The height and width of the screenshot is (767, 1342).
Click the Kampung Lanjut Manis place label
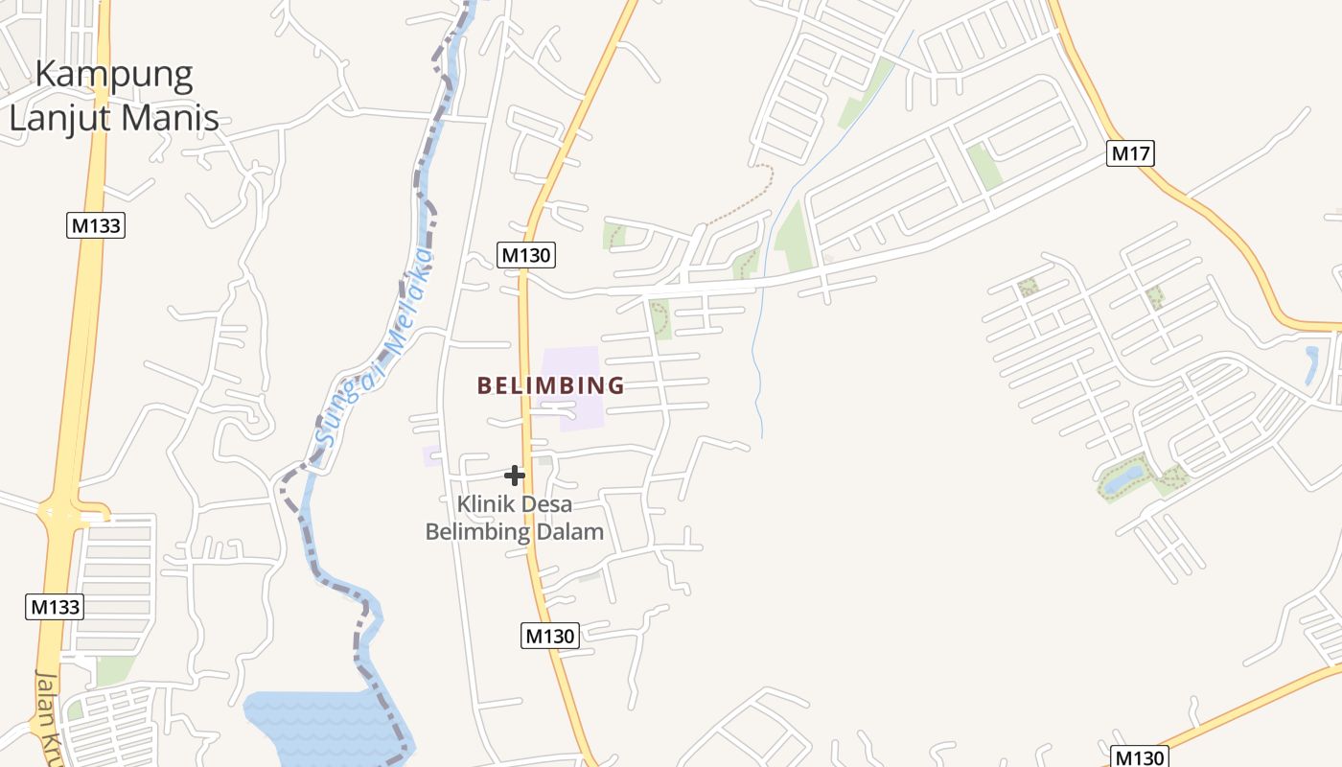click(113, 96)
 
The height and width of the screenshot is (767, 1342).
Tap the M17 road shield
click(1129, 152)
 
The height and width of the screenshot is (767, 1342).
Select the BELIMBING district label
click(550, 385)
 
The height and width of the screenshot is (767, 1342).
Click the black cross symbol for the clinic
click(515, 475)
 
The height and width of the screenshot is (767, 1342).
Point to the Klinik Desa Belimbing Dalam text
click(515, 518)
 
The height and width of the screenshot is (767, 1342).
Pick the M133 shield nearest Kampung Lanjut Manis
click(97, 225)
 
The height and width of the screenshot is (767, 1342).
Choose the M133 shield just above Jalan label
click(55, 607)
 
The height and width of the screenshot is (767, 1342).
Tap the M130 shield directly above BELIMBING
click(526, 255)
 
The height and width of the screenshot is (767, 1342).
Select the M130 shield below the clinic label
click(550, 635)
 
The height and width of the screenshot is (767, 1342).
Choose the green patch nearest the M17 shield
click(984, 165)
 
